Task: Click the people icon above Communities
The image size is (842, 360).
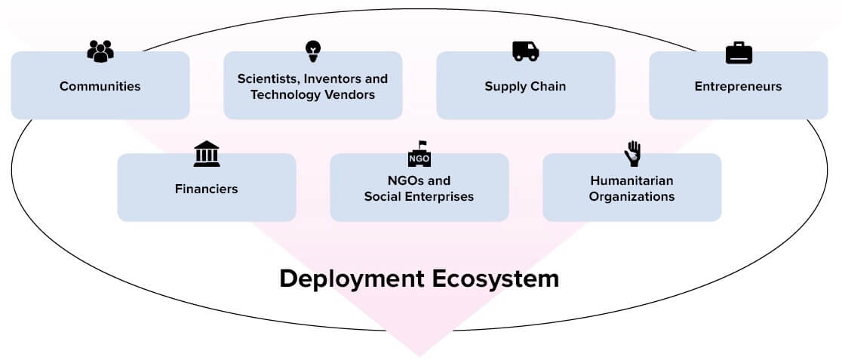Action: [100, 51]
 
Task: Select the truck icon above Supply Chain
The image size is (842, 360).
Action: [525, 51]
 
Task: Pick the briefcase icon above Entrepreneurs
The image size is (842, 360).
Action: [739, 53]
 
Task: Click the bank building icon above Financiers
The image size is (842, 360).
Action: [207, 154]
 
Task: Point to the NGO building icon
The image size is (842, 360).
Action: [419, 154]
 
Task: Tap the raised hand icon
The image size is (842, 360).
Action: [632, 154]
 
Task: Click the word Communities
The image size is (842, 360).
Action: [100, 86]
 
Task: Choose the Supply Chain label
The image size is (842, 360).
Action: [525, 86]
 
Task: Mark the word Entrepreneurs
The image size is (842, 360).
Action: [738, 86]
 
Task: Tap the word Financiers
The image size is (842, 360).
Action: [206, 189]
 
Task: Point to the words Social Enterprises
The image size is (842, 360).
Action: [419, 197]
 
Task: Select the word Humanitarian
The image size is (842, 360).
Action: [631, 180]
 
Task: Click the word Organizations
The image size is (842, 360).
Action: [631, 197]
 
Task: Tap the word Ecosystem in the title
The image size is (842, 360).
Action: [496, 278]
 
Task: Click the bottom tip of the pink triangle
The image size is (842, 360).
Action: [419, 354]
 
